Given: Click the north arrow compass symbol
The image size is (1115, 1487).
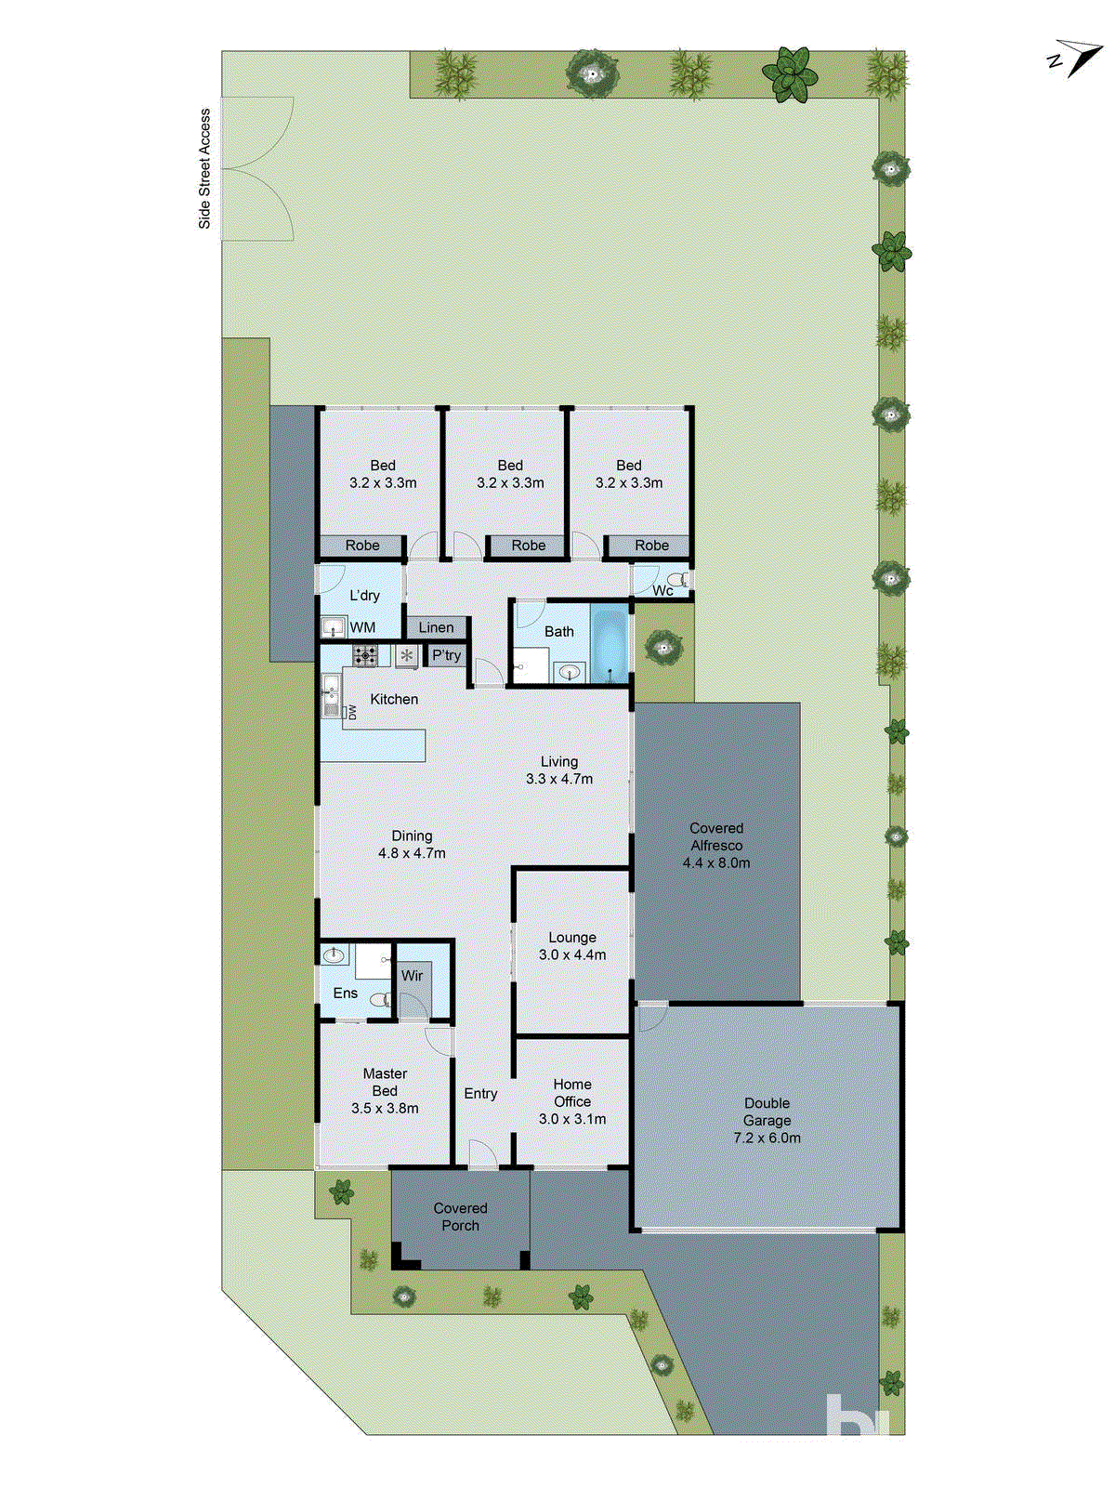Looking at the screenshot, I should pos(1075,59).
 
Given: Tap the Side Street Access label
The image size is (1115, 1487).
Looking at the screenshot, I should pos(204,168).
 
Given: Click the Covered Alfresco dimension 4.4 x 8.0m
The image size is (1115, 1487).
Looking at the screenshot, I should pos(715,862).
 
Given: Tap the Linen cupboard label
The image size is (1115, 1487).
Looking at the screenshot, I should pos(436,627).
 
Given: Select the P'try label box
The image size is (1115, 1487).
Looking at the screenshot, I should pos(446,655).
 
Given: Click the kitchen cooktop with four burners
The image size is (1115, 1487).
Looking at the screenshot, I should pos(365,655).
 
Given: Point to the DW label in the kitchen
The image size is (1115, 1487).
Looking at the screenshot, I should pos(352,713).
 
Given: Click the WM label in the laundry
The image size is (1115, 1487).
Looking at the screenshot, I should pos(362,627).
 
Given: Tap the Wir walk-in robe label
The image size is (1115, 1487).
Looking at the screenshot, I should pos(412,975).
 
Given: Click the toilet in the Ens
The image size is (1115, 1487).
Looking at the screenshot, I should pos(379,1000).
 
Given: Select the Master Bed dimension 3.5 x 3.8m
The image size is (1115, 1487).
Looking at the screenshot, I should pos(385,1108).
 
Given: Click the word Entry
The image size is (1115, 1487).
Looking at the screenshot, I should pos(480,1094).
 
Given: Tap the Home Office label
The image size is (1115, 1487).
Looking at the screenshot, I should pos(572,1092).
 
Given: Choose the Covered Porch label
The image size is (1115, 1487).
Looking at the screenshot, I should pos(460,1217).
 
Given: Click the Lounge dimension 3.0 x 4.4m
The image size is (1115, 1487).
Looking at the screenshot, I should pos(572,954).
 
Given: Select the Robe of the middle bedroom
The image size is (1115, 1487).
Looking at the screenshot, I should pos(528,546).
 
